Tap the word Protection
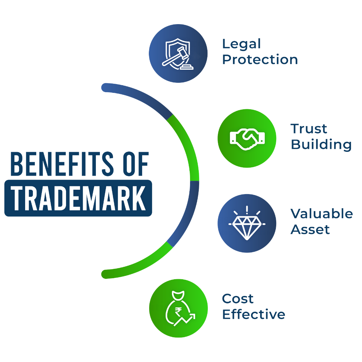[x=260, y=60]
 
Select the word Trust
[x=309, y=128]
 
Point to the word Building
[x=321, y=145]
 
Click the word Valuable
[x=321, y=214]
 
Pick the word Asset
[x=310, y=230]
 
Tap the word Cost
[x=238, y=298]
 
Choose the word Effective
[x=254, y=315]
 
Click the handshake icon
[x=247, y=137]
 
